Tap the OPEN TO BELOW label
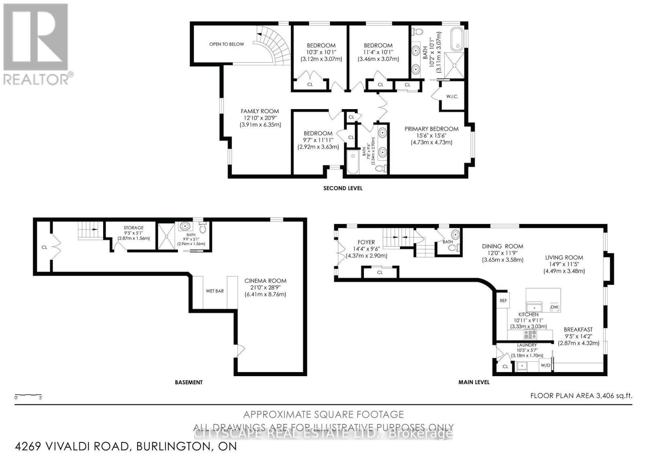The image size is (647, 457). coord(226,44)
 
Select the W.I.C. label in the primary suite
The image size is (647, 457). coord(452,97)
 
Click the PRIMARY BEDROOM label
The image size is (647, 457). coord(431,129)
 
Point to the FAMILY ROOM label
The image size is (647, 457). coord(260,111)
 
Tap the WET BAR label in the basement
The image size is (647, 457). coord(215,291)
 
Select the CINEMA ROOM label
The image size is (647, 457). coord(265,281)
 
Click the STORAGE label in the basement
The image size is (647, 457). coord(133,228)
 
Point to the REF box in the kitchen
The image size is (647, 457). coord(503,301)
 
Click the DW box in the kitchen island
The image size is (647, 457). coord(554,308)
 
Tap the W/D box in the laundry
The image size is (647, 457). coord(546,366)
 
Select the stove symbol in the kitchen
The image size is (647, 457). coord(530,334)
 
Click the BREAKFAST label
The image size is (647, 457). coord(578,330)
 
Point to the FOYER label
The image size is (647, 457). coord(366,242)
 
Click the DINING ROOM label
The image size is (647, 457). coord(502,246)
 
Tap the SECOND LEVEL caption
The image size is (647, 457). coord(343,188)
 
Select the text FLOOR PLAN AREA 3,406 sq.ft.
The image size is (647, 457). coord(581,396)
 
